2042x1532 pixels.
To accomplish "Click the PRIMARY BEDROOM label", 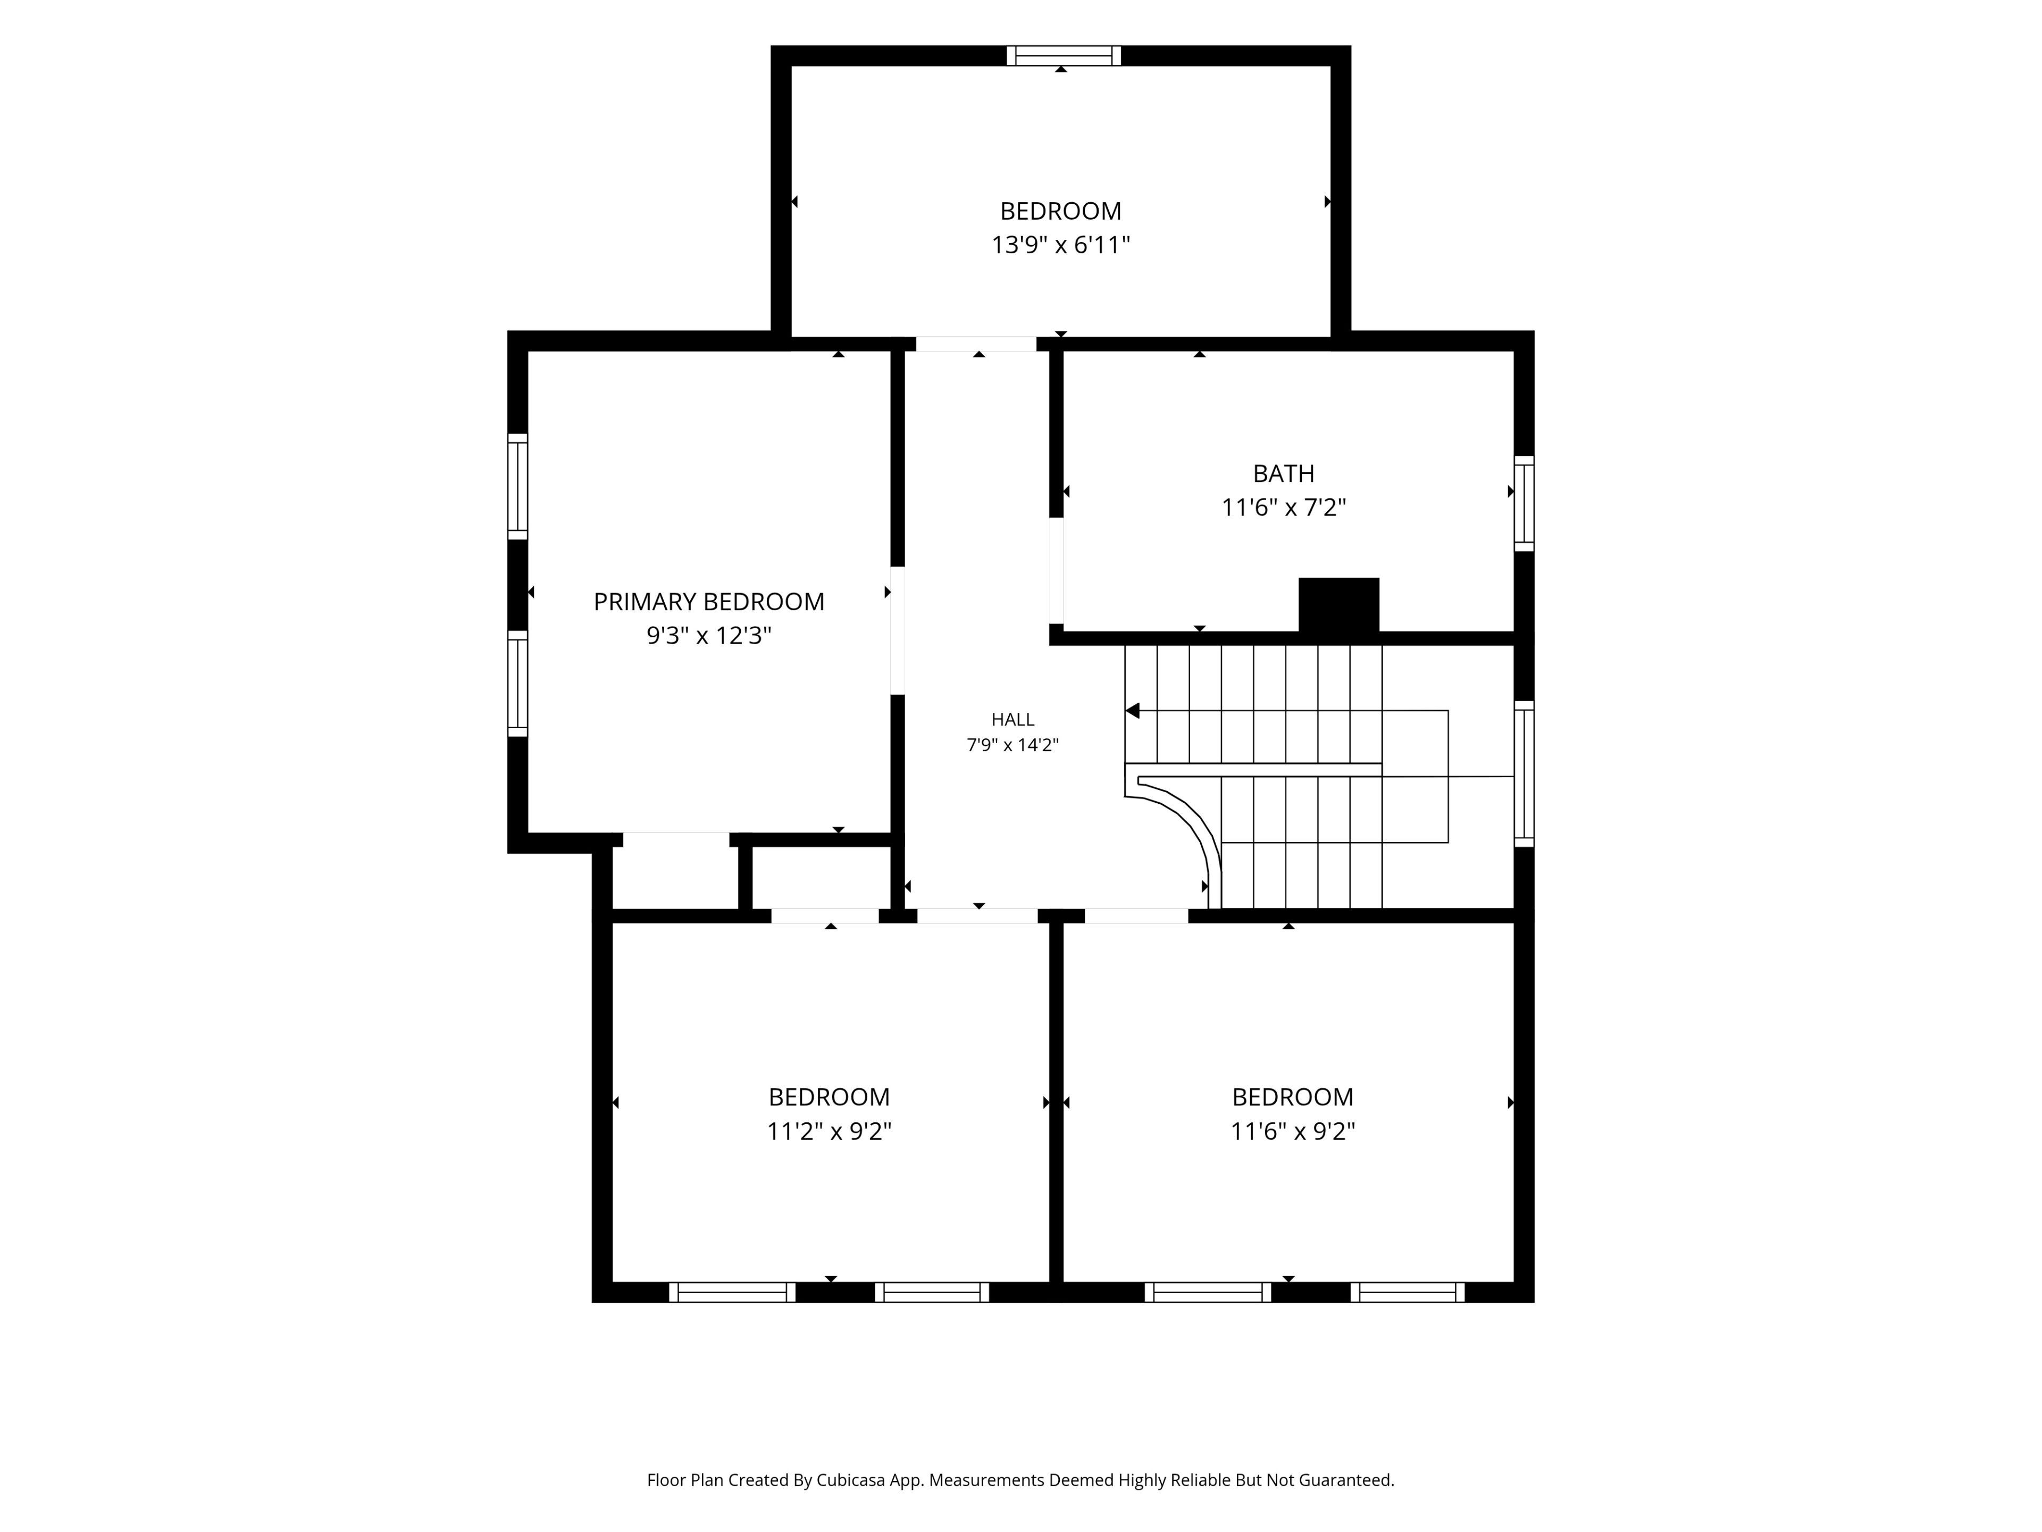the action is pyautogui.click(x=708, y=602).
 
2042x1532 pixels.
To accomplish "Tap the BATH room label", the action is pyautogui.click(x=1283, y=474).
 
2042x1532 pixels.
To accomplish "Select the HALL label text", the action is pyautogui.click(x=1012, y=719).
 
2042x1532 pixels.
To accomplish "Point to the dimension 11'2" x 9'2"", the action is pyautogui.click(x=829, y=1131).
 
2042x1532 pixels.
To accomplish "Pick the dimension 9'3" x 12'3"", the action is pyautogui.click(x=708, y=636).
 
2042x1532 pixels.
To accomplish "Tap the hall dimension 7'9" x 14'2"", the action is pyautogui.click(x=1012, y=745).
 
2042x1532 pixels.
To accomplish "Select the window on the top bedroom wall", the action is pyautogui.click(x=1064, y=55).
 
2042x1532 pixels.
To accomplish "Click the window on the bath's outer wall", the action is pyautogui.click(x=1524, y=503).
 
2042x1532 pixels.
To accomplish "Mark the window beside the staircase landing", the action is pyautogui.click(x=1524, y=774).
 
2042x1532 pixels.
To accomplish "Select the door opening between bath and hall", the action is pyautogui.click(x=1056, y=571).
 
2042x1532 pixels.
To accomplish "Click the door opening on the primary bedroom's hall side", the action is pyautogui.click(x=897, y=630).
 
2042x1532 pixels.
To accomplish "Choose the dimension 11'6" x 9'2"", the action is pyautogui.click(x=1292, y=1131).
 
